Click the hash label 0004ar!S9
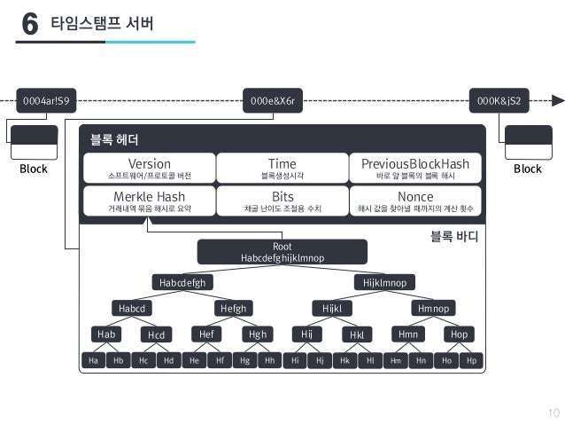coord(45,100)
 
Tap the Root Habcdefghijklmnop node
coord(282,252)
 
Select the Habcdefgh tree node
coord(182,283)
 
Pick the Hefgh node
coord(233,308)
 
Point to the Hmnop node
coord(434,308)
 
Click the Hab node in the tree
coord(107,334)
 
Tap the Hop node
coord(459,334)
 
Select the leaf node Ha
coord(92,361)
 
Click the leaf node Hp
coord(472,361)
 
